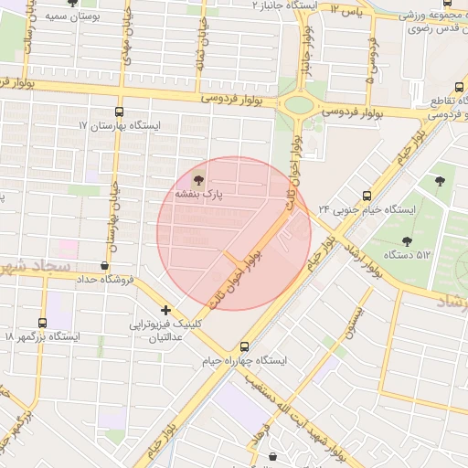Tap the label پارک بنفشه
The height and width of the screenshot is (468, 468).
click(206, 194)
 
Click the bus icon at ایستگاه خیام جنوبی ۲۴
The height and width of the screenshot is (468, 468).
click(367, 196)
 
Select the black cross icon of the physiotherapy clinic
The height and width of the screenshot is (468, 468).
click(165, 311)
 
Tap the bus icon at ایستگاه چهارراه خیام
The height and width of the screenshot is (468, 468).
click(243, 347)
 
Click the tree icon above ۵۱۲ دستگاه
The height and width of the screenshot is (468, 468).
click(407, 240)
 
